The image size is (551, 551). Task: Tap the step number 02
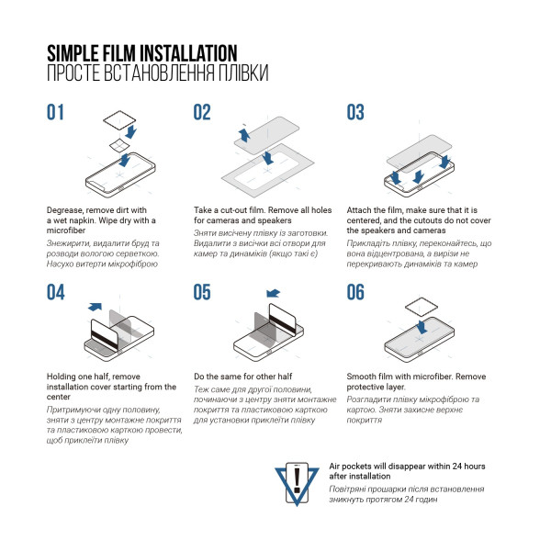click(203, 113)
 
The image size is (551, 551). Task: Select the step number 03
click(356, 113)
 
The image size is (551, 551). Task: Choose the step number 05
click(203, 293)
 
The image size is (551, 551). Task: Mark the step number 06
click(356, 293)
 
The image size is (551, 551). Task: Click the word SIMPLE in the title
click(74, 52)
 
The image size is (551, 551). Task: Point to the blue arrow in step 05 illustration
click(272, 294)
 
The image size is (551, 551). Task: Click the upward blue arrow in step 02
click(243, 136)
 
